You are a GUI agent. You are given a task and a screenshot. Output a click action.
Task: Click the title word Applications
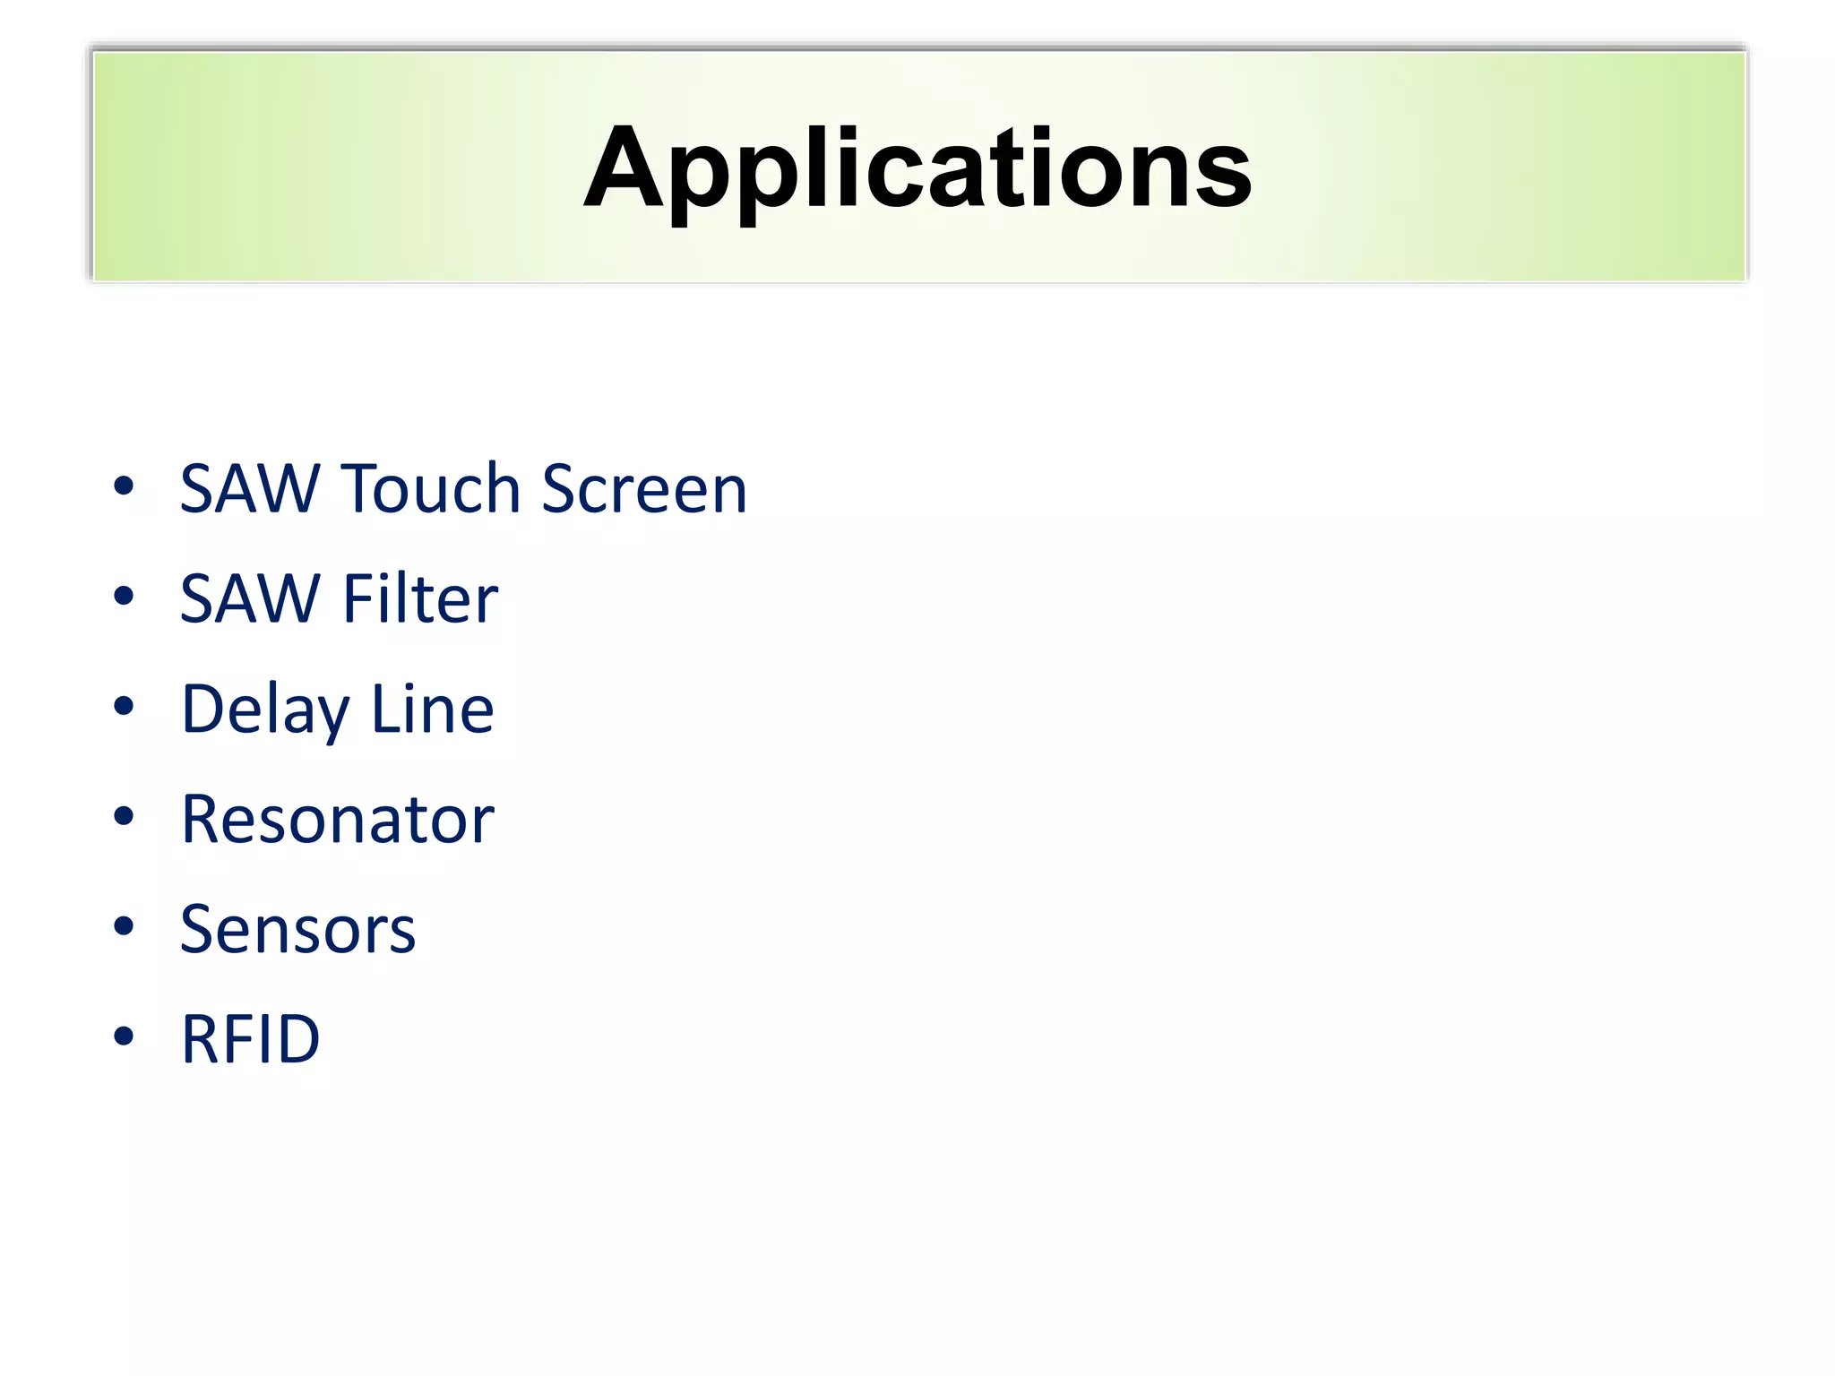[917, 168]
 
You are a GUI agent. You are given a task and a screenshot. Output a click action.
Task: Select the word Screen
[643, 489]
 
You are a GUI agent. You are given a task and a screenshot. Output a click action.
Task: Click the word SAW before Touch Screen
[250, 489]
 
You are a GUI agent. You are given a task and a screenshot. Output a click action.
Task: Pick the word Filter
[420, 599]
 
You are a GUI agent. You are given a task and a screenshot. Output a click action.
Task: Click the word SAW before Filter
[250, 599]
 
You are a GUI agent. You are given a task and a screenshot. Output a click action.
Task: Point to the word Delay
[264, 709]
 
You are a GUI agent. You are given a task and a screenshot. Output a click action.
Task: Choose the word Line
[432, 709]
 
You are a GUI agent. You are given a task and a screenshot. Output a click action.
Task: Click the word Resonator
[337, 820]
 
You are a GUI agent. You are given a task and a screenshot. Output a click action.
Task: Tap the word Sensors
[297, 930]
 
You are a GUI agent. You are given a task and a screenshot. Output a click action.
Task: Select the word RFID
[250, 1039]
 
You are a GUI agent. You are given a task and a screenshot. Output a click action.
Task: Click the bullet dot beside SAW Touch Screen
[124, 486]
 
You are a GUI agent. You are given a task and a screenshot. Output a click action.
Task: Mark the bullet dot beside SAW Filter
[124, 597]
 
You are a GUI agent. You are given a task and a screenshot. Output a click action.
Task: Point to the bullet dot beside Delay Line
[124, 707]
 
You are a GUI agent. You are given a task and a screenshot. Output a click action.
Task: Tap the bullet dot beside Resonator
[124, 816]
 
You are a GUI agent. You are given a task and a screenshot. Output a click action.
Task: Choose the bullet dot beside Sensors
[124, 926]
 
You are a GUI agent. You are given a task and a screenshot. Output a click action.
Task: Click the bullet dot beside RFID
[124, 1036]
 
